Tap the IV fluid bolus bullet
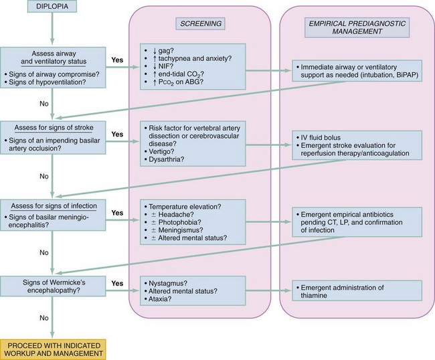(325, 136)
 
